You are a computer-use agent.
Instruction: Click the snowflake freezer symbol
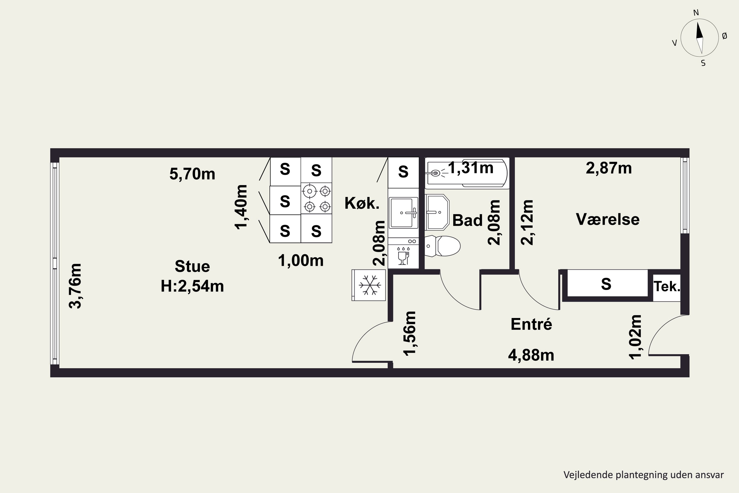pos(370,285)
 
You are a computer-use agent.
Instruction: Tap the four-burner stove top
pos(316,199)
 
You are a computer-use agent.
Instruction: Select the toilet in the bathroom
pos(442,246)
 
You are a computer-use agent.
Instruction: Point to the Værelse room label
pos(608,219)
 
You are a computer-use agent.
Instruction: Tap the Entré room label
pos(531,324)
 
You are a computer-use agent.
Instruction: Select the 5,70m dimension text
pos(192,174)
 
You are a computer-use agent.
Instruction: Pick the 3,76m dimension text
pos(75,286)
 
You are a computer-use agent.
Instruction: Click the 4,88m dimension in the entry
pos(531,355)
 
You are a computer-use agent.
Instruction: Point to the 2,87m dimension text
pos(609,168)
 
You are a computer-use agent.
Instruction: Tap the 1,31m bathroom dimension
pos(471,168)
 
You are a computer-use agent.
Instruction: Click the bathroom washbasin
pos(437,212)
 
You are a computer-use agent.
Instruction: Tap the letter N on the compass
pos(696,13)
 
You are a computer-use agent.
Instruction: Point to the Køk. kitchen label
pos(362,203)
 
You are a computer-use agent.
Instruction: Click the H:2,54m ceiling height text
pos(192,286)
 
